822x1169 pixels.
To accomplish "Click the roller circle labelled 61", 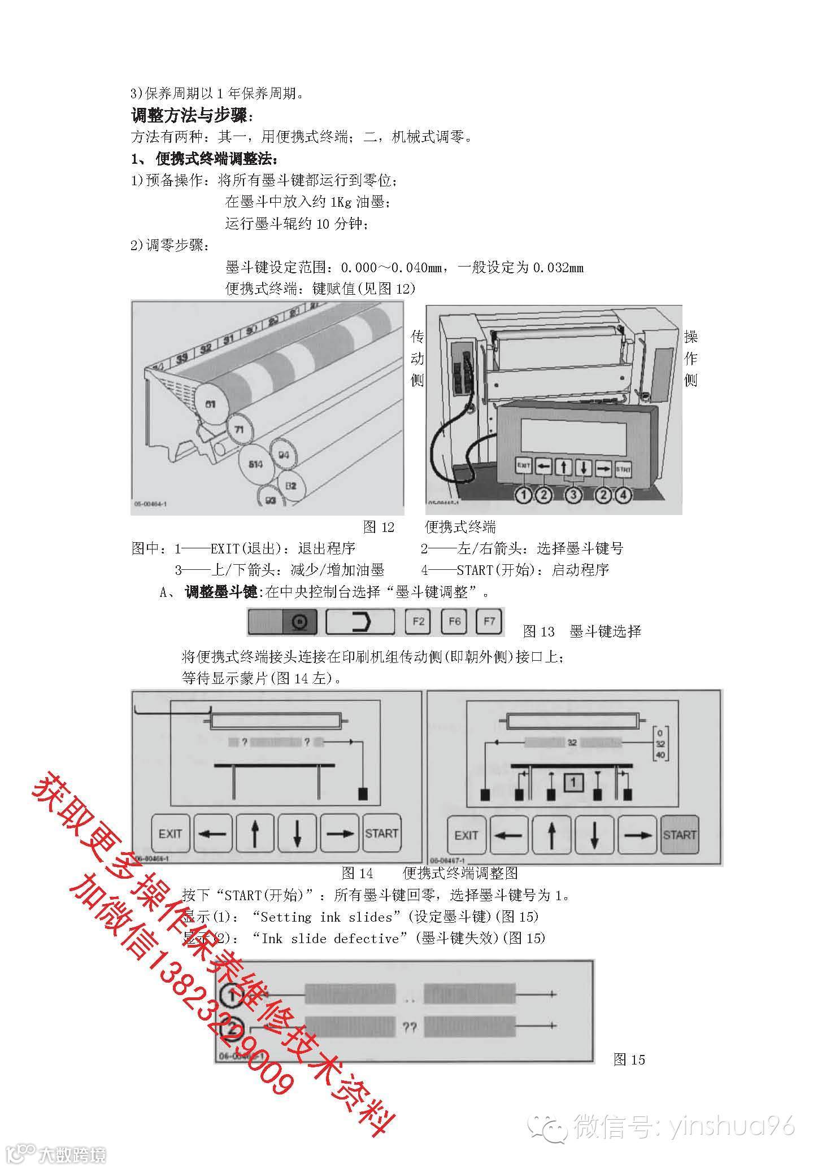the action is click(210, 404).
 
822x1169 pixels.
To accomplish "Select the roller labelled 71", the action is click(239, 430).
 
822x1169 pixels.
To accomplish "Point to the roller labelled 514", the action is click(256, 464).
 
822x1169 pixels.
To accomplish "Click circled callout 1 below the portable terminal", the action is click(524, 495).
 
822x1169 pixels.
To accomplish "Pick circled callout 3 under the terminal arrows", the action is click(573, 495).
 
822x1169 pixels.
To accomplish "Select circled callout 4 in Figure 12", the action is click(623, 495).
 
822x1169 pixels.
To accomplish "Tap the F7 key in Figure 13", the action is click(489, 621).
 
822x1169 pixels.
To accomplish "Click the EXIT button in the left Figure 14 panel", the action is click(170, 834).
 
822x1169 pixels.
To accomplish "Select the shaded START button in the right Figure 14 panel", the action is click(679, 835).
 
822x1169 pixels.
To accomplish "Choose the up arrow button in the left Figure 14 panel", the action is click(255, 834).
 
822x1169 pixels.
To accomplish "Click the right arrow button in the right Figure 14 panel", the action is click(637, 835).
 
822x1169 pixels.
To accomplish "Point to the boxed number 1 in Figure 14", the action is click(573, 783).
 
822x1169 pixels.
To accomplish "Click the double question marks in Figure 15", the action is click(410, 1027).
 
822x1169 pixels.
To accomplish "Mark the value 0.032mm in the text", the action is click(558, 268).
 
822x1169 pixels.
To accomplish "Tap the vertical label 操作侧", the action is click(690, 358).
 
